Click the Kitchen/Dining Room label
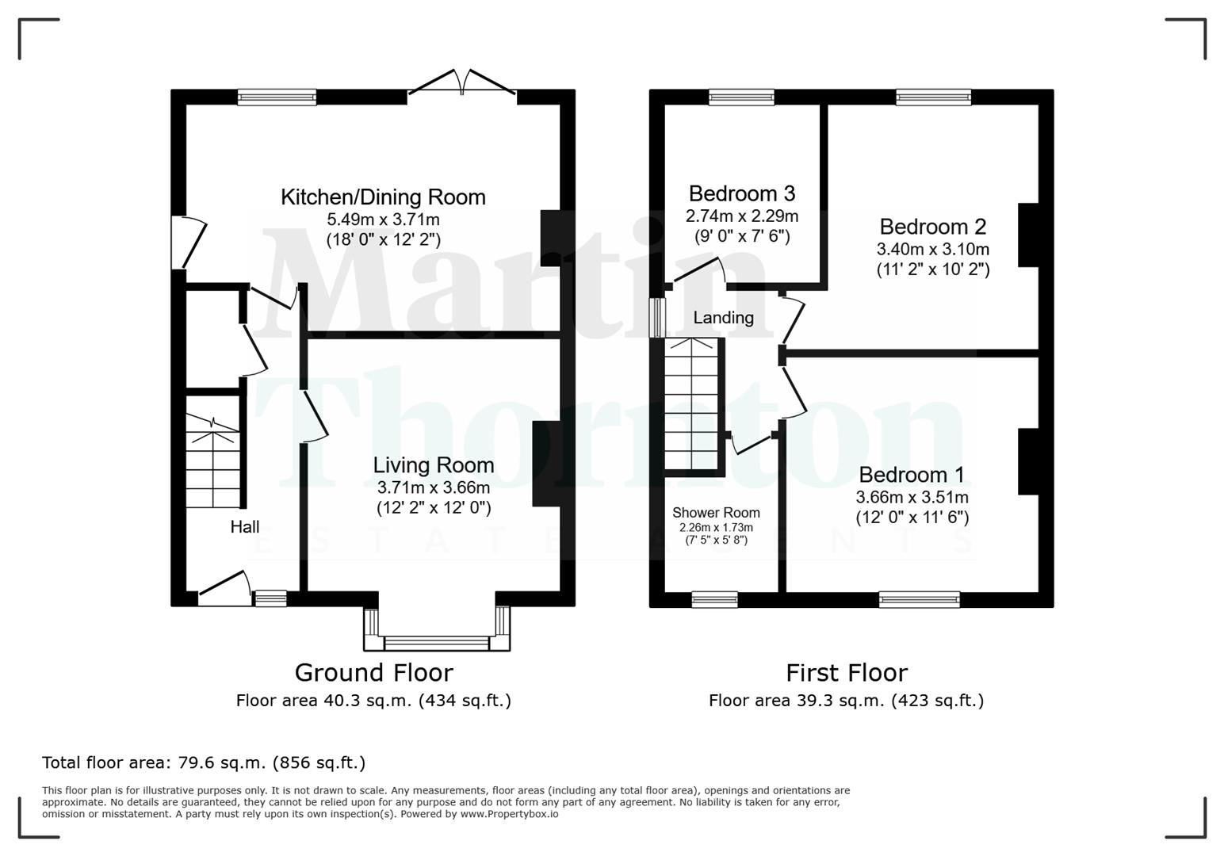tap(383, 197)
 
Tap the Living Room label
tap(433, 465)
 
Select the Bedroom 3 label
tap(741, 193)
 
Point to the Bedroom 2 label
tap(932, 227)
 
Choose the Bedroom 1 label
tap(912, 475)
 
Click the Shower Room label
tap(716, 513)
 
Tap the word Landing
tap(723, 318)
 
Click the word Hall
tap(245, 527)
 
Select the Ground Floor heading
tap(373, 672)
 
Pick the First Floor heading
tap(846, 672)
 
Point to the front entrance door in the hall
tap(224, 590)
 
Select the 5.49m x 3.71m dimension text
tap(383, 220)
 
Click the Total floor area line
tap(204, 762)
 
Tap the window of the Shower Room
tap(714, 599)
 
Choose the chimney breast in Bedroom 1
tap(1027, 462)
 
